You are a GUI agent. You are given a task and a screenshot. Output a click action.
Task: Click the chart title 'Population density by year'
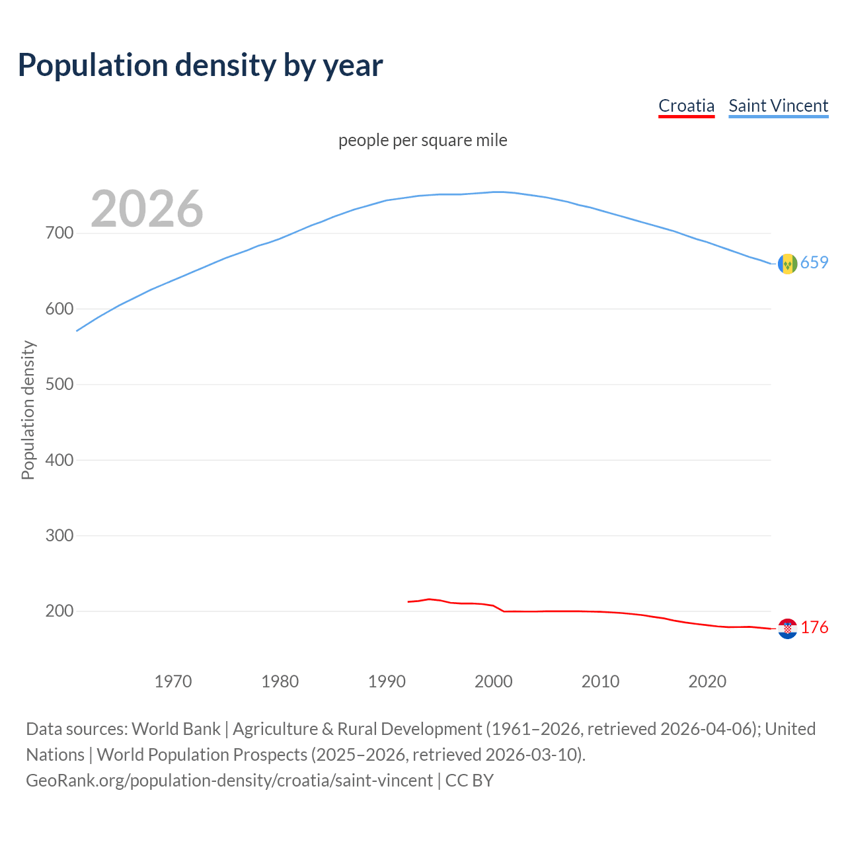point(200,65)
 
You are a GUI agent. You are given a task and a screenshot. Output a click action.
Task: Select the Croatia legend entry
point(686,106)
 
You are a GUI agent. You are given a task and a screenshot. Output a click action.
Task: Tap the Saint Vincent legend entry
point(778,106)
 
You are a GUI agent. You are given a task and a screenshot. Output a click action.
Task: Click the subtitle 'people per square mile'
point(422,140)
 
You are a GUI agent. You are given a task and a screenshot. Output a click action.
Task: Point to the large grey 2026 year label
point(147,209)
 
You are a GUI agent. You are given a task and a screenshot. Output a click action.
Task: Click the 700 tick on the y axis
point(59,233)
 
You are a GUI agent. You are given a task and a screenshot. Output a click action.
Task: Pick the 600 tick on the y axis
point(59,309)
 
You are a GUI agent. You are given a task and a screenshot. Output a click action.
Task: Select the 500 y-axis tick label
point(59,385)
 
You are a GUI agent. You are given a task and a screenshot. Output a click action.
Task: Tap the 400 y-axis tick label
point(59,460)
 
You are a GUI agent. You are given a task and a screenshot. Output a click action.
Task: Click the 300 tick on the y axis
point(59,535)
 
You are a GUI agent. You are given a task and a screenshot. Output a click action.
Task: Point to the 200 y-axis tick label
point(59,611)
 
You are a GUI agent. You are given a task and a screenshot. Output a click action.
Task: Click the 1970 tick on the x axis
point(173,681)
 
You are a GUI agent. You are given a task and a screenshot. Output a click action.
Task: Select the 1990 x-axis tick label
point(387,681)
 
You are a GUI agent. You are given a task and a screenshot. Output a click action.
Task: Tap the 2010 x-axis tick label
point(600,681)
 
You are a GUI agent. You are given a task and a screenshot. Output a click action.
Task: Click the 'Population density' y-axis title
point(28,410)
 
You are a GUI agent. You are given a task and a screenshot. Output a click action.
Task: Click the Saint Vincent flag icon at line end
point(787,264)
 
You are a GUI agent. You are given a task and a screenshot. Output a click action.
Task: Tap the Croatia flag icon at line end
point(787,629)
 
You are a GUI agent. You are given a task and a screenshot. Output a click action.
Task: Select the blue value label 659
point(814,263)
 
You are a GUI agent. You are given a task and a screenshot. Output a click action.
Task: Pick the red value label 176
point(814,628)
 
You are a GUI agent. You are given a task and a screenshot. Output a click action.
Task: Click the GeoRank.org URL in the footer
point(229,781)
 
